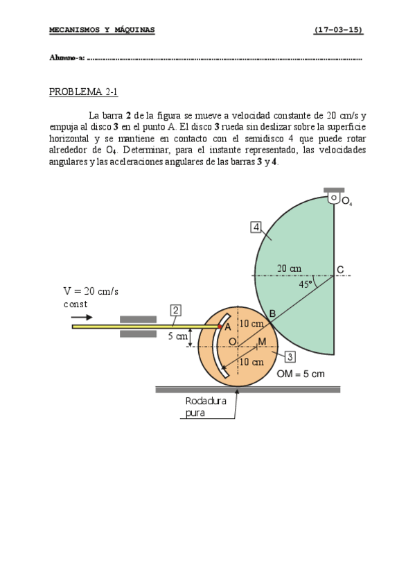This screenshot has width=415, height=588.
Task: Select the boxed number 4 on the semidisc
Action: (256, 227)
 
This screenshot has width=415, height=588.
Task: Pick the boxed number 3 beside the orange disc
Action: (290, 356)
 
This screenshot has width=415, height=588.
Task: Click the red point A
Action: (220, 326)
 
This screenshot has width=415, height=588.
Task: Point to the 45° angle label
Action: (306, 284)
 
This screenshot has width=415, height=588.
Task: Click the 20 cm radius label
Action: (290, 268)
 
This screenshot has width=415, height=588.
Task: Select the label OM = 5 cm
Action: (301, 374)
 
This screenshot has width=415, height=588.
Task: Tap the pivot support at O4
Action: (334, 197)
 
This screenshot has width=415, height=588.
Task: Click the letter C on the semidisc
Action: (340, 269)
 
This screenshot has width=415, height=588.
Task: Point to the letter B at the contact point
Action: (272, 314)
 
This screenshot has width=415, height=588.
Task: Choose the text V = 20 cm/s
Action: (91, 291)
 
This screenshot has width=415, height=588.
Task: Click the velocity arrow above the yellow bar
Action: (82, 316)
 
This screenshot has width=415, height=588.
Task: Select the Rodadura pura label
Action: (206, 407)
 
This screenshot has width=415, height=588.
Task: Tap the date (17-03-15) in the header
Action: (338, 30)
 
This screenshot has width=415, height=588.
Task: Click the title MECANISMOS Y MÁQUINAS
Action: (102, 30)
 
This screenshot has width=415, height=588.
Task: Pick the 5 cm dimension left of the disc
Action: (177, 337)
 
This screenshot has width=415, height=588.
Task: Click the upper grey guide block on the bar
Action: (138, 319)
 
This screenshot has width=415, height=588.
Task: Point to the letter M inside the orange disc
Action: (261, 342)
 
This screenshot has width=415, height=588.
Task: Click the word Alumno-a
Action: (67, 58)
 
